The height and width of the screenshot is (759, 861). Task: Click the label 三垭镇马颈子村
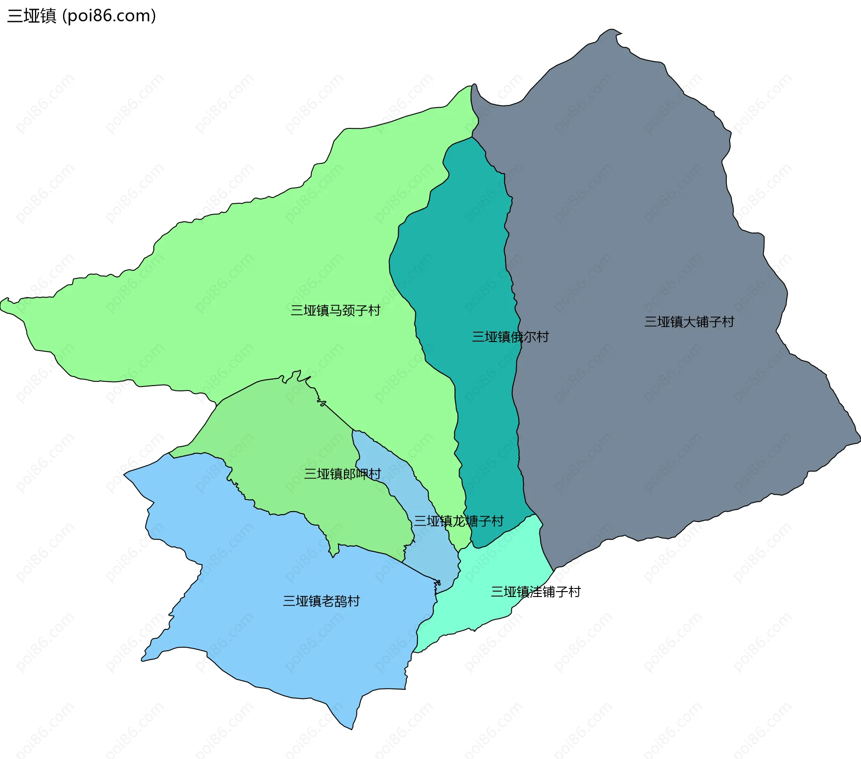[x=335, y=310]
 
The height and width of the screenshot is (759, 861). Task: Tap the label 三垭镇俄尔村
[x=510, y=337]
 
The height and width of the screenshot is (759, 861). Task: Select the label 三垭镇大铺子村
[x=689, y=321]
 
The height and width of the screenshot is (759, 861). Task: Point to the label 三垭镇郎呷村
[x=342, y=474]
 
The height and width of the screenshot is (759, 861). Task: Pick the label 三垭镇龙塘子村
[x=458, y=521]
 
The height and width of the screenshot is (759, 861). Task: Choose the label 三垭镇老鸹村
[x=321, y=601]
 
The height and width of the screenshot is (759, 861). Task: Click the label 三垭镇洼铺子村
[x=535, y=592]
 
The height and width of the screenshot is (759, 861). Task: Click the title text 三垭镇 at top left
[x=31, y=16]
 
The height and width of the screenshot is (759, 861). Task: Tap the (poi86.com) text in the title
[x=109, y=16]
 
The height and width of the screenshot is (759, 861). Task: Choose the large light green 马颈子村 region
[x=269, y=269]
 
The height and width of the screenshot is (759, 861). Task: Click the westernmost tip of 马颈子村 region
[x=1, y=305]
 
